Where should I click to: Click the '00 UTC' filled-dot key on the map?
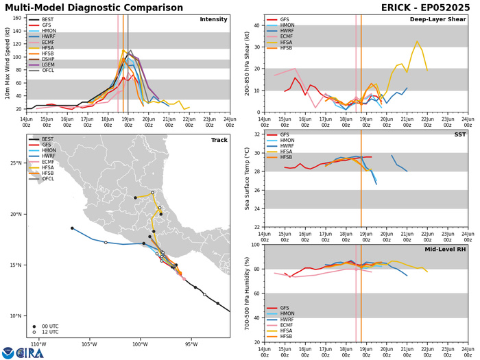click(50, 326)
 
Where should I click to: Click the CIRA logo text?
click(30, 352)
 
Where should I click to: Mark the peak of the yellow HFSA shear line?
click(416, 41)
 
